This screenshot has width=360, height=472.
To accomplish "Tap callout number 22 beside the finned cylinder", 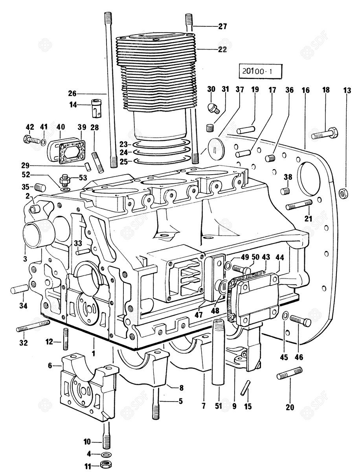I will point(222,50).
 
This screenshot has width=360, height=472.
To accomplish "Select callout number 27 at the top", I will point(222,27).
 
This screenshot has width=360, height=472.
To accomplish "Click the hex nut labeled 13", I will point(342,193).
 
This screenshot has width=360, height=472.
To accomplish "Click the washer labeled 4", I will point(105,454).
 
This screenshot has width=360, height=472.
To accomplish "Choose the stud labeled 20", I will point(289,373).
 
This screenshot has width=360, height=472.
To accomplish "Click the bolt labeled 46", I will point(301,322).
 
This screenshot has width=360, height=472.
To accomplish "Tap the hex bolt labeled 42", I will point(31,139).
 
